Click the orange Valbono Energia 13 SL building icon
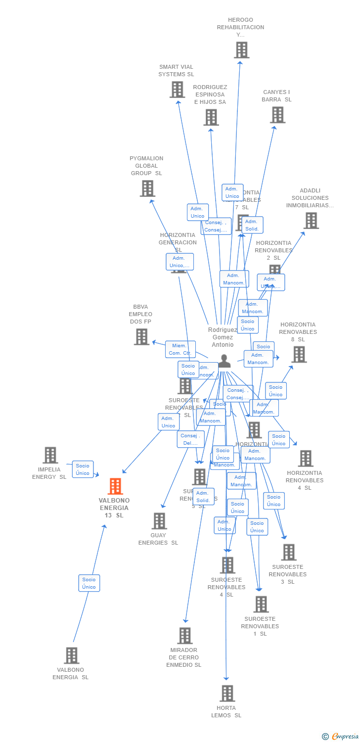click(115, 487)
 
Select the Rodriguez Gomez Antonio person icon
click(225, 362)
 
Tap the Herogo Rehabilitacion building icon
click(241, 50)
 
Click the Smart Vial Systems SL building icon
click(177, 90)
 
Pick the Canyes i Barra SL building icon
click(277, 115)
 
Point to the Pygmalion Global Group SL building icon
click(147, 188)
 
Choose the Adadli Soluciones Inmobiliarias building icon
click(311, 221)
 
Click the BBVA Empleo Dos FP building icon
click(141, 337)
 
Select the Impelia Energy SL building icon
click(50, 455)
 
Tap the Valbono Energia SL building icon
click(71, 655)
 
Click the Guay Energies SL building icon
click(159, 521)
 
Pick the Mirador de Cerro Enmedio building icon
click(185, 636)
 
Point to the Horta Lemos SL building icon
click(227, 694)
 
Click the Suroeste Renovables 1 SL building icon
click(261, 604)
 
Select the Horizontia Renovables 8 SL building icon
click(299, 354)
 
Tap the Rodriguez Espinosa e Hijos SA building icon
click(211, 117)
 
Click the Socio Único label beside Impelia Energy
click(83, 469)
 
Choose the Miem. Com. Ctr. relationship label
click(180, 349)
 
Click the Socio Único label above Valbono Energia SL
click(89, 583)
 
